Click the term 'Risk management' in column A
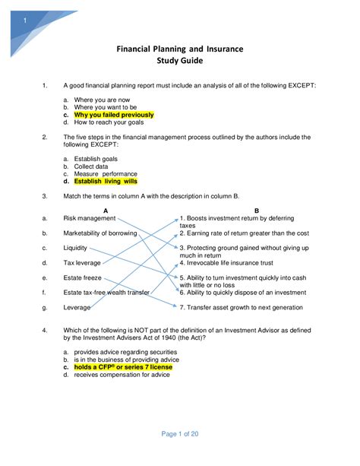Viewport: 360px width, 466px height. [90, 217]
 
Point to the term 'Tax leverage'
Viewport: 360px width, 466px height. [82, 263]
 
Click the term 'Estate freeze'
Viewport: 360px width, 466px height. [83, 278]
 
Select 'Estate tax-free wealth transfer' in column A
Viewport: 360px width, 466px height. [106, 293]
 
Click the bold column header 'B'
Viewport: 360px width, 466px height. [257, 210]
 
